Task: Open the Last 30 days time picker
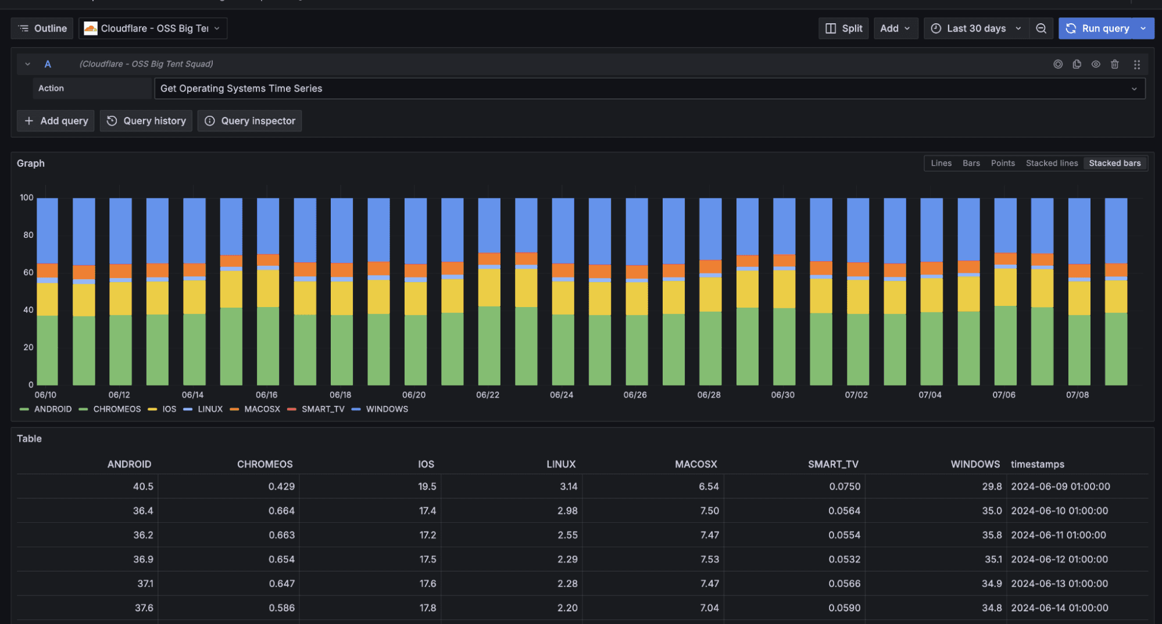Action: (x=975, y=28)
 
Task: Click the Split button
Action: (x=843, y=28)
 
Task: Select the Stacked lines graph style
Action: (x=1051, y=163)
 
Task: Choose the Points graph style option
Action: (x=1002, y=163)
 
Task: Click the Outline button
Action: (x=42, y=28)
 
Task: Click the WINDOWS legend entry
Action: (x=387, y=409)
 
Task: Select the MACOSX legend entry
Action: (x=262, y=409)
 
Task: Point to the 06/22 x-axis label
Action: (x=487, y=395)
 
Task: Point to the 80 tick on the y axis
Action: (x=28, y=235)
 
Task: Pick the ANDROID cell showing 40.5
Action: (x=143, y=487)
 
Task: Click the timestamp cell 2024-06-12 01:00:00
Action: (x=1059, y=559)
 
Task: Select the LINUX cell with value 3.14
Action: (x=568, y=487)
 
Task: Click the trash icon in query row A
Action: (x=1114, y=65)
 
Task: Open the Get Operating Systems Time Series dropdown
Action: (x=649, y=89)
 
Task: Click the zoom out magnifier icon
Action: (x=1041, y=28)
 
